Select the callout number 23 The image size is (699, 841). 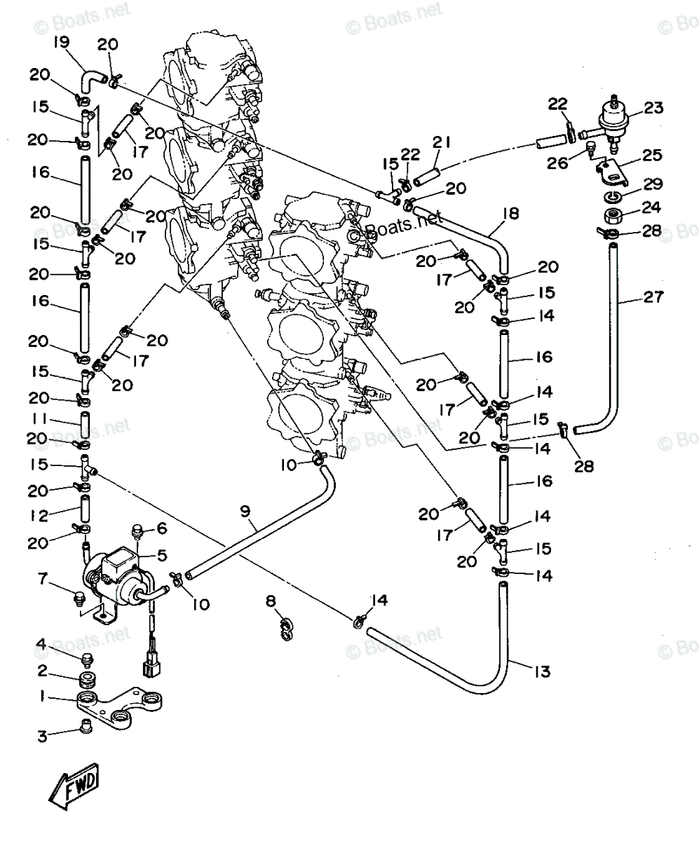[x=653, y=108]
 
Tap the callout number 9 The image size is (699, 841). [x=245, y=511]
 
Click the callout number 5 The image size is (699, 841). [x=163, y=555]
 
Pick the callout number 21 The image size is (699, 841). [x=441, y=142]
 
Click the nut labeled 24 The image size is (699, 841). [x=614, y=214]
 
